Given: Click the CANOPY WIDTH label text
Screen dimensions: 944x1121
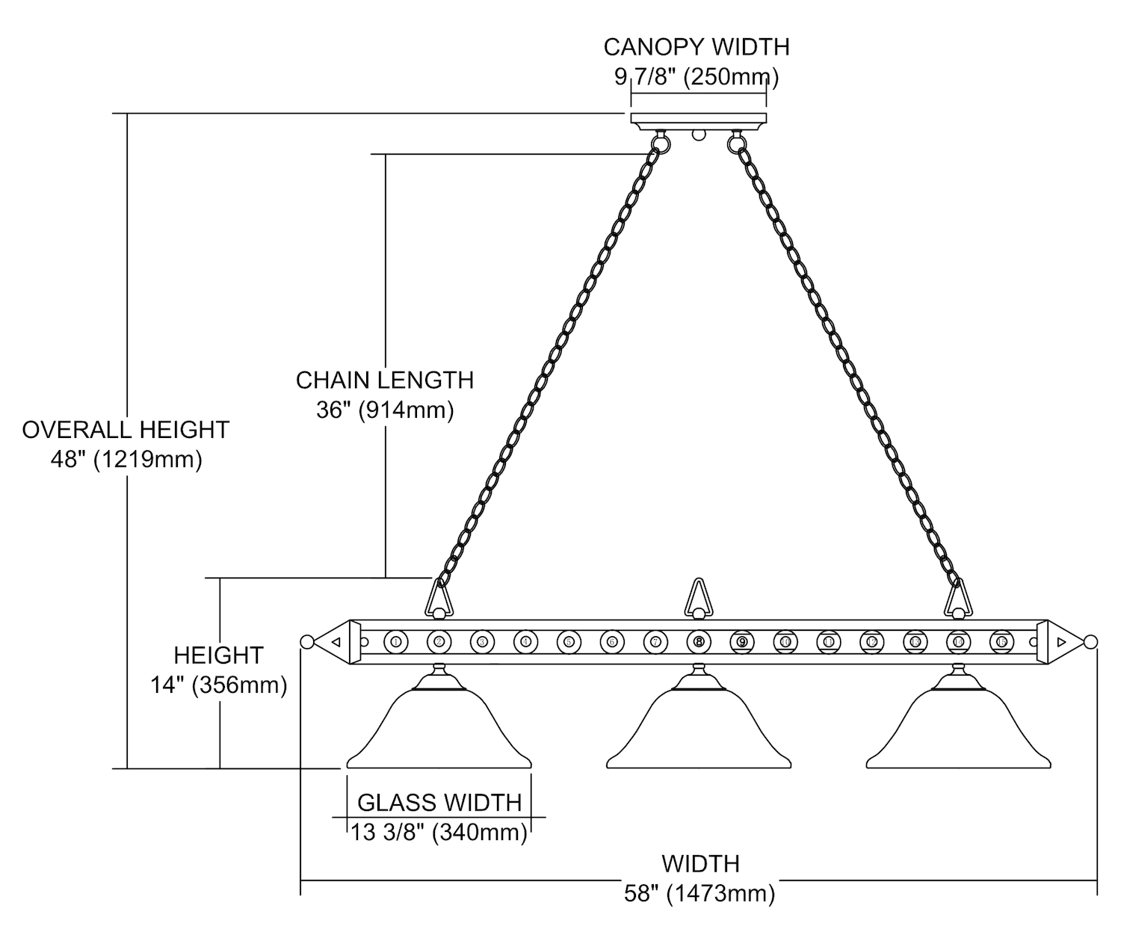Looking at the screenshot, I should point(697,47).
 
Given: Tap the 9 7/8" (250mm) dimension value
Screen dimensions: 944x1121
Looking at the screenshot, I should point(697,76).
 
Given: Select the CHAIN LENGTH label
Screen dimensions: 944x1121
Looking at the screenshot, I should point(385,380).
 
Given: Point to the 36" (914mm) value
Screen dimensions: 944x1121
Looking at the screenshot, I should point(385,410).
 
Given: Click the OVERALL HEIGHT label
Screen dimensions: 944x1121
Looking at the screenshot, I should point(126,430).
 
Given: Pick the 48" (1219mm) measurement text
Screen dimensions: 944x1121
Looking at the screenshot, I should point(126,459).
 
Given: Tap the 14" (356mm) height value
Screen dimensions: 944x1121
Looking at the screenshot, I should point(219,685).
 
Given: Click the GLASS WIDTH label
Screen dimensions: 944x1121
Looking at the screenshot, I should point(439,802).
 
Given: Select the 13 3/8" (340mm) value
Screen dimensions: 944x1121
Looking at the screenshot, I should point(439,832).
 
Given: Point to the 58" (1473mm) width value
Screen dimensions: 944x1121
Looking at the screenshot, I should point(700,893).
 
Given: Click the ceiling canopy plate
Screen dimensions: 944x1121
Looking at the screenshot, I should point(699,119).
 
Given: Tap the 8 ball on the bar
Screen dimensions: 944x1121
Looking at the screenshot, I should point(699,641).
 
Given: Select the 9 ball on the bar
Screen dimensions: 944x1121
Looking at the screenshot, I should point(741,641).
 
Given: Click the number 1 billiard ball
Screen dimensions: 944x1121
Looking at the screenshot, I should point(395,641).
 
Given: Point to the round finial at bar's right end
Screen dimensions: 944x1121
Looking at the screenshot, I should point(1090,641).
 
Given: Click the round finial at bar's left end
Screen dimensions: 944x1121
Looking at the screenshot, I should point(306,641).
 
